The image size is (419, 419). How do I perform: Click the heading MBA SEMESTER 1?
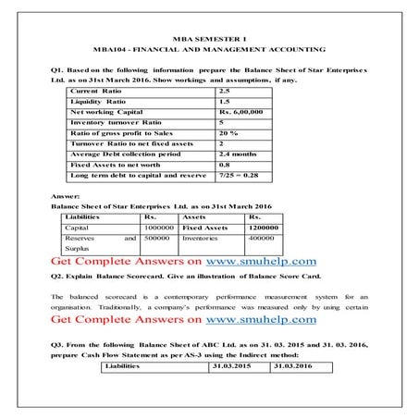[209, 33]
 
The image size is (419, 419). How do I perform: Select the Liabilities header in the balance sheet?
[83, 216]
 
